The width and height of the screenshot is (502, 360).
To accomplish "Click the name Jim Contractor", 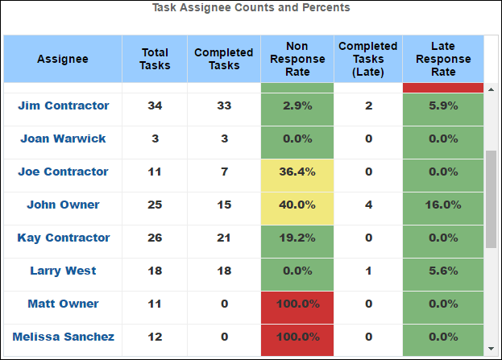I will [63, 106].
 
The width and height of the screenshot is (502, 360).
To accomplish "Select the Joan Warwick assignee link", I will [63, 139].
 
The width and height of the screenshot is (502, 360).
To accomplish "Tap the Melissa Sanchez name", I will [63, 337].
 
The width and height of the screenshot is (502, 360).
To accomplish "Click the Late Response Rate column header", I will [443, 59].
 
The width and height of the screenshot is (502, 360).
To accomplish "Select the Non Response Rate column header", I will [297, 59].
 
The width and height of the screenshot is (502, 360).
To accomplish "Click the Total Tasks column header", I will [155, 59].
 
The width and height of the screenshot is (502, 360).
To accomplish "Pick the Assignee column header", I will [63, 59].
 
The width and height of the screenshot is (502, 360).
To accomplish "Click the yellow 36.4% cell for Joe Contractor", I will [297, 172].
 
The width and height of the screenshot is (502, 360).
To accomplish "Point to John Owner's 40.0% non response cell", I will [297, 205].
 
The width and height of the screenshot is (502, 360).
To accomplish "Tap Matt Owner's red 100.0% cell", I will [297, 304].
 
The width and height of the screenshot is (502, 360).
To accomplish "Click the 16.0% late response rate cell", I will [443, 205].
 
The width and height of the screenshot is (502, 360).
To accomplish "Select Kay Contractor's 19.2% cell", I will [297, 238].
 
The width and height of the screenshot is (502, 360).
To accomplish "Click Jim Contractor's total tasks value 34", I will [155, 106].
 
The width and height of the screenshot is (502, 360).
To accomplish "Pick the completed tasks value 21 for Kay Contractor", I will [224, 238].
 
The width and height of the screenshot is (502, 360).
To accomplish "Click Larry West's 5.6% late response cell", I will [443, 271].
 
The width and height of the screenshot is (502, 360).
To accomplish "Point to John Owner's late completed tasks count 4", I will [368, 205].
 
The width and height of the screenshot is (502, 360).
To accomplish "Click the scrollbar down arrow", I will [491, 348].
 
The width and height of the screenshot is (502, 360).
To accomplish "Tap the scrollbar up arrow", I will [491, 89].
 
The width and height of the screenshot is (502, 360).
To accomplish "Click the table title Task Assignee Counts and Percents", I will [251, 8].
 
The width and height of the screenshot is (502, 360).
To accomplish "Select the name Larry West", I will [63, 271].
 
